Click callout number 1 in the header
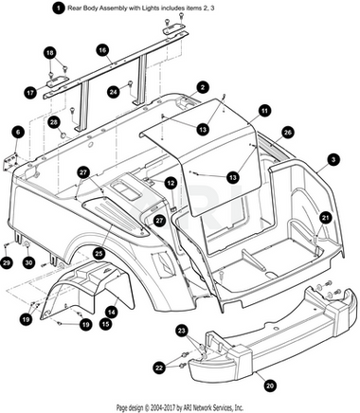click(58, 8)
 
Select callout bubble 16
click(102, 50)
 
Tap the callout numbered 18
click(50, 53)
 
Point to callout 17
click(30, 93)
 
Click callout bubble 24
click(114, 92)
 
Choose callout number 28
click(54, 122)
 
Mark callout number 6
click(18, 132)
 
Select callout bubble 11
click(264, 111)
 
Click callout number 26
click(287, 133)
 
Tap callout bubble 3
click(333, 160)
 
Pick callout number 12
click(171, 183)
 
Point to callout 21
click(325, 218)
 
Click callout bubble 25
click(99, 253)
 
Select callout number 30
click(28, 262)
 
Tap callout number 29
click(7, 262)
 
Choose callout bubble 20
click(269, 386)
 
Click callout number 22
click(159, 367)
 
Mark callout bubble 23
click(182, 331)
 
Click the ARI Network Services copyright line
click(180, 407)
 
